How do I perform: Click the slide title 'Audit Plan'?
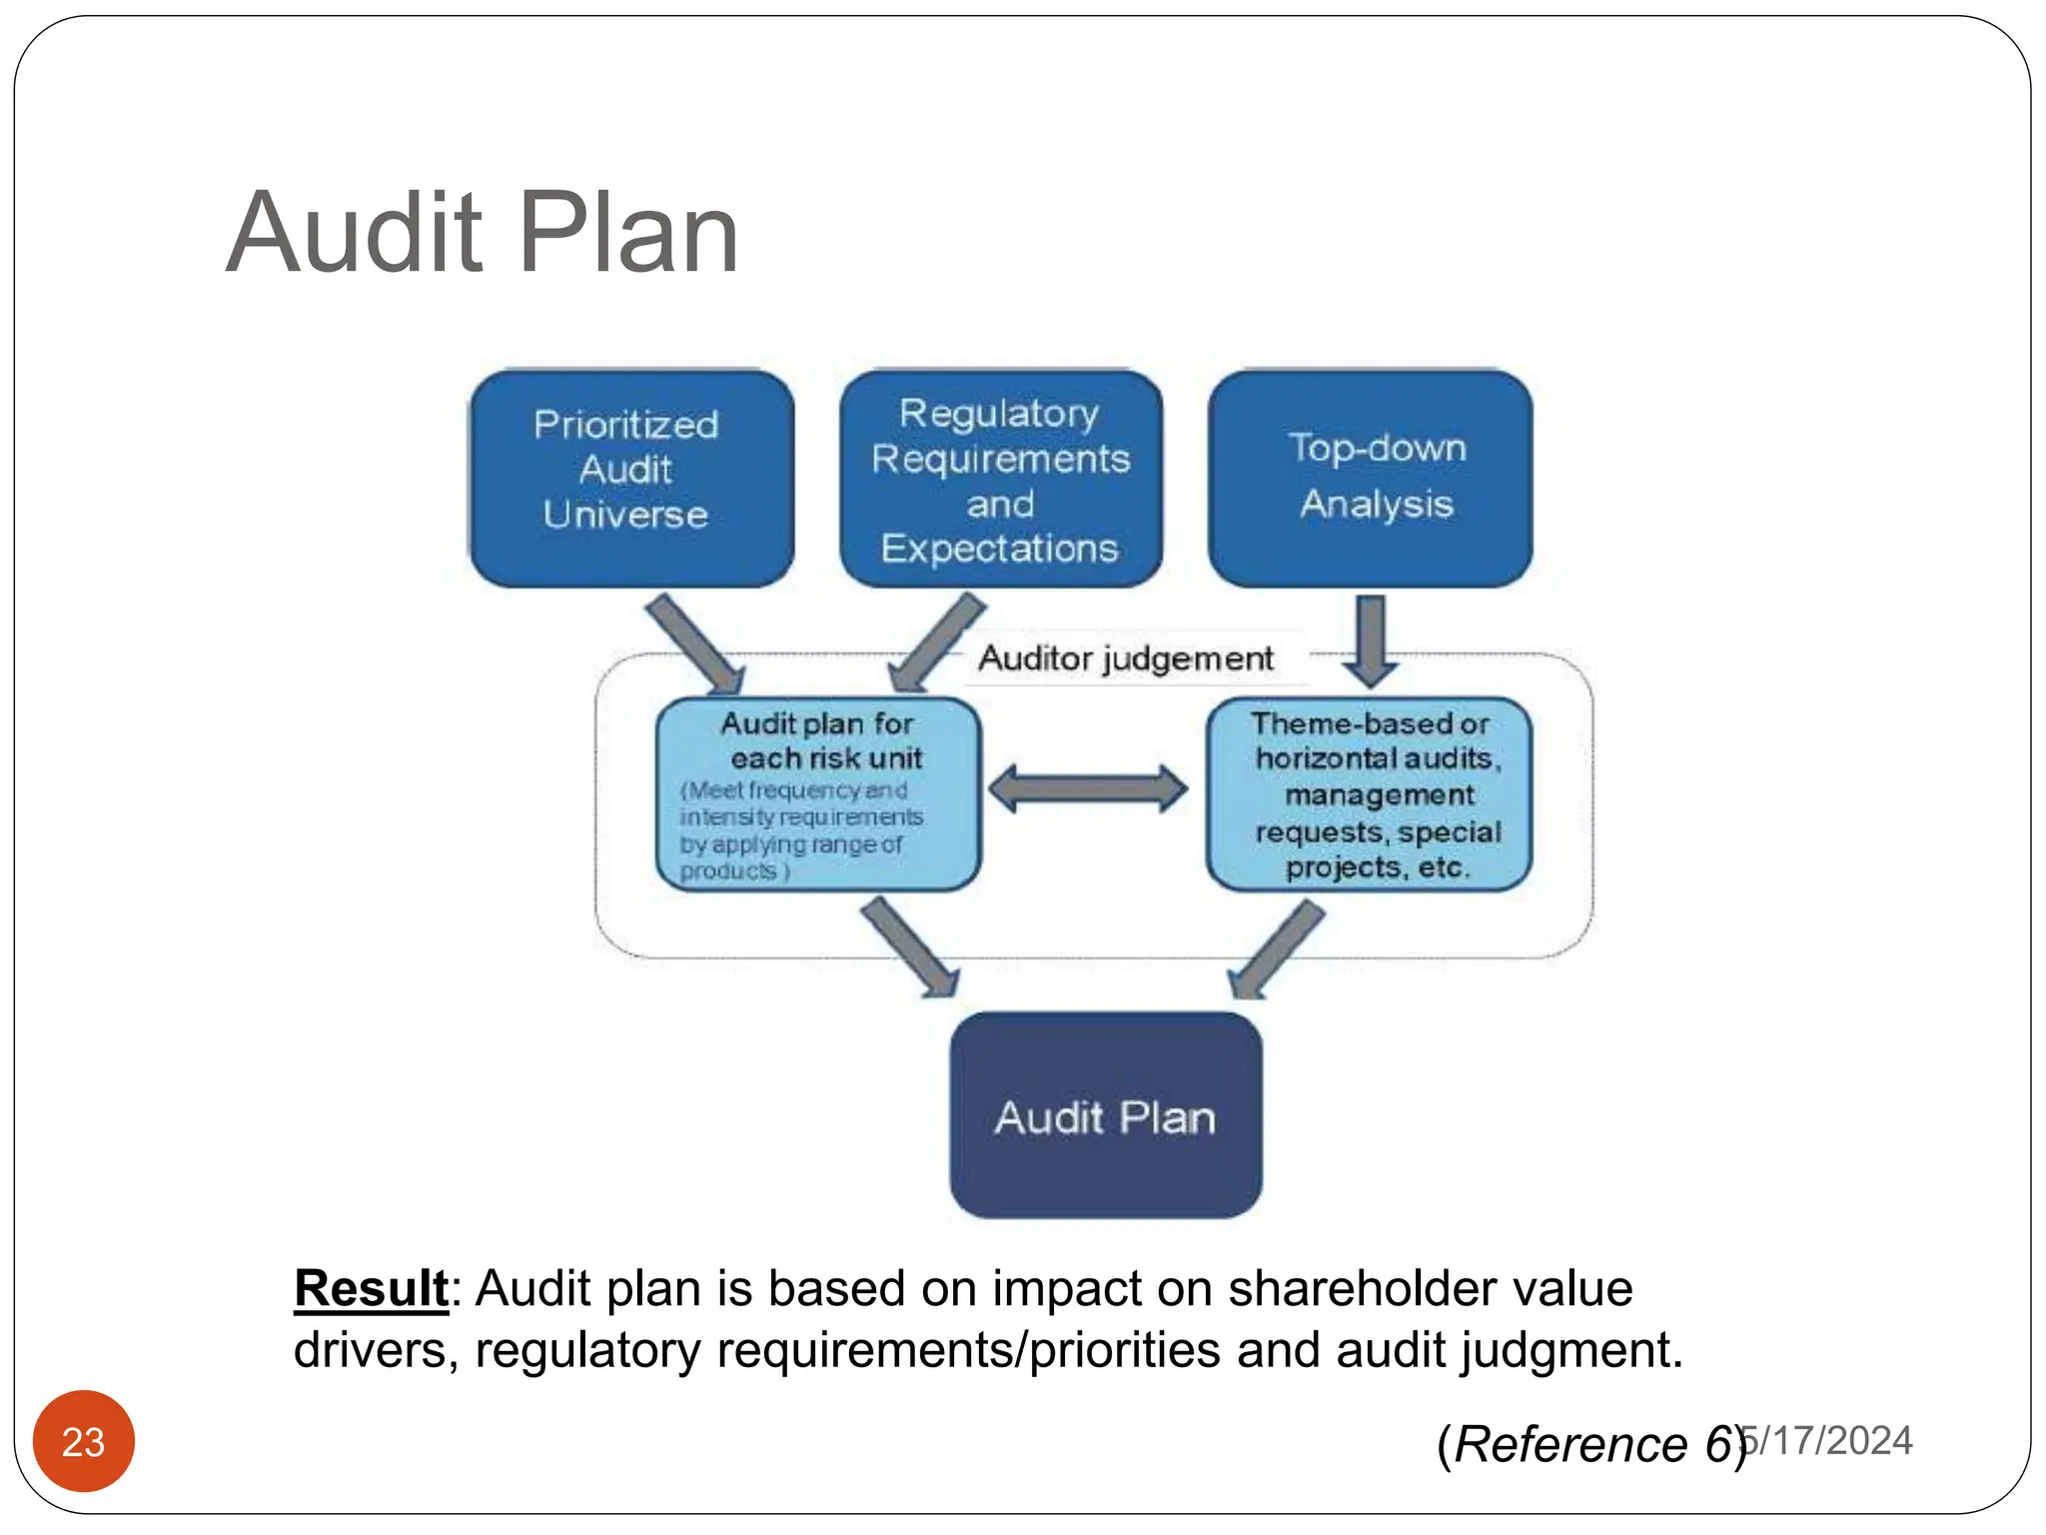coord(482,234)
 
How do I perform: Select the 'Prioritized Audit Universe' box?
coord(629,479)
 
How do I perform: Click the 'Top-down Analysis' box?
coord(1371,478)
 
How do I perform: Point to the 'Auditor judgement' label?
coord(1126,659)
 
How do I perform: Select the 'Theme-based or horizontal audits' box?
coord(1371,794)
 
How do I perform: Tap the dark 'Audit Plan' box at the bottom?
coord(1105,1116)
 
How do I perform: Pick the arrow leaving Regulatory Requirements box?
coord(937,643)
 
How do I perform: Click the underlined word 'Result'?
coord(371,1288)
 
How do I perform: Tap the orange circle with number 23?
coord(84,1441)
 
